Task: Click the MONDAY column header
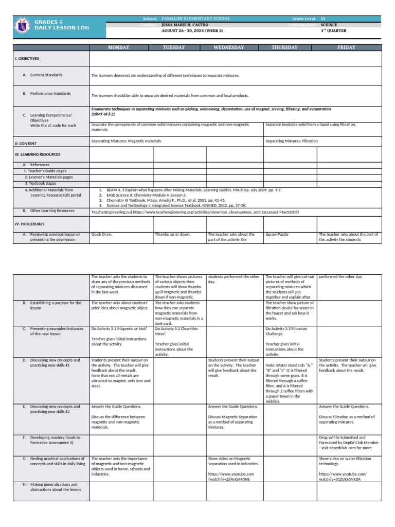[x=118, y=47]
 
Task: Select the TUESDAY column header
[x=174, y=47]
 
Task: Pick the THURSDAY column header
[x=284, y=47]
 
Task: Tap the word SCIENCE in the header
[x=329, y=24]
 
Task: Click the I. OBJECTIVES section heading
[x=27, y=59]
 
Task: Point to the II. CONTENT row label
[x=25, y=144]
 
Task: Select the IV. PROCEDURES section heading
[x=29, y=224]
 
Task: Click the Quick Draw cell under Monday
[x=102, y=234]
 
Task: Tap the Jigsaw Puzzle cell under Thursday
[x=277, y=234]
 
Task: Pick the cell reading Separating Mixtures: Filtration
[x=292, y=140]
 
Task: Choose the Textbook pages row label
[x=41, y=183]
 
